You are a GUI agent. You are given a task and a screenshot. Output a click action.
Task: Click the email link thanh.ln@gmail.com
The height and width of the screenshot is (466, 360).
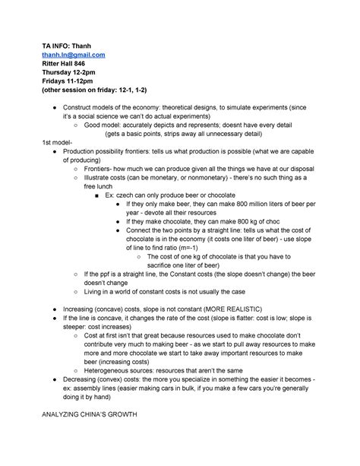tap(73, 55)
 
